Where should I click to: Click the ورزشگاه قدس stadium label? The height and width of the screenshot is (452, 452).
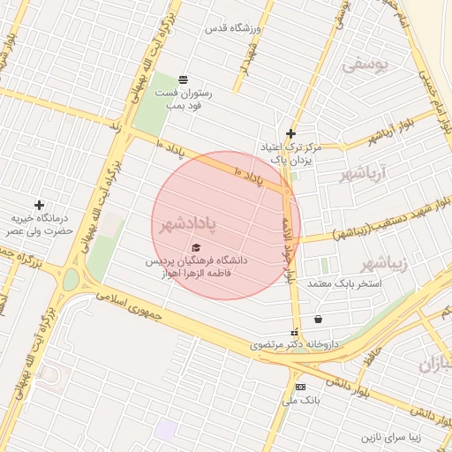coord(234,29)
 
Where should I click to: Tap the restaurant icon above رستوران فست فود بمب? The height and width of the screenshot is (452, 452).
coord(184,79)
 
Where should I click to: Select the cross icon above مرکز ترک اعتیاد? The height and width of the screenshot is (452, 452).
coord(290,134)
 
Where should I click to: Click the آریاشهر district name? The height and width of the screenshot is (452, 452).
coord(365,173)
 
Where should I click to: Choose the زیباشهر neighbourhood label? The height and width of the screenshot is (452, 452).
coord(384,264)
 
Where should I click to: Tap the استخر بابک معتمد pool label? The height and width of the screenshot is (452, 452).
coord(344,284)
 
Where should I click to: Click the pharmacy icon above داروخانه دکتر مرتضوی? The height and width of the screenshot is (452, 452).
coord(295,333)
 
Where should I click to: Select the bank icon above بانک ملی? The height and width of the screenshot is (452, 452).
coord(300,387)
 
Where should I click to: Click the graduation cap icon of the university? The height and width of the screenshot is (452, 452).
coord(196,248)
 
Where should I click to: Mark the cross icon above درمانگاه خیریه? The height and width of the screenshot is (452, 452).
coord(38,205)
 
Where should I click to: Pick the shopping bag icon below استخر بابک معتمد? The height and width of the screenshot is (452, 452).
coord(318,319)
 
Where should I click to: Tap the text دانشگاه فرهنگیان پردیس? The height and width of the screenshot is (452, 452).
coord(201,261)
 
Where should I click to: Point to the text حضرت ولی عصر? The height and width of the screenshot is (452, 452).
coord(35,230)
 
